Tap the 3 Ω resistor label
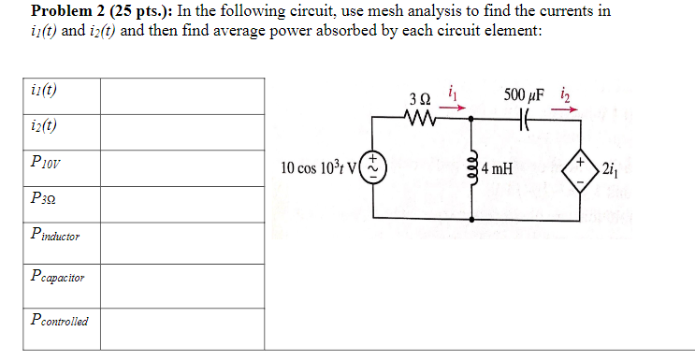click(420, 98)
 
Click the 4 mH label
click(497, 169)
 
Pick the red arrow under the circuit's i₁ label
click(452, 106)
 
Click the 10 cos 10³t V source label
click(321, 168)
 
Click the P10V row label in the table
click(47, 161)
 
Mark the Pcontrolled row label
click(58, 321)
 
